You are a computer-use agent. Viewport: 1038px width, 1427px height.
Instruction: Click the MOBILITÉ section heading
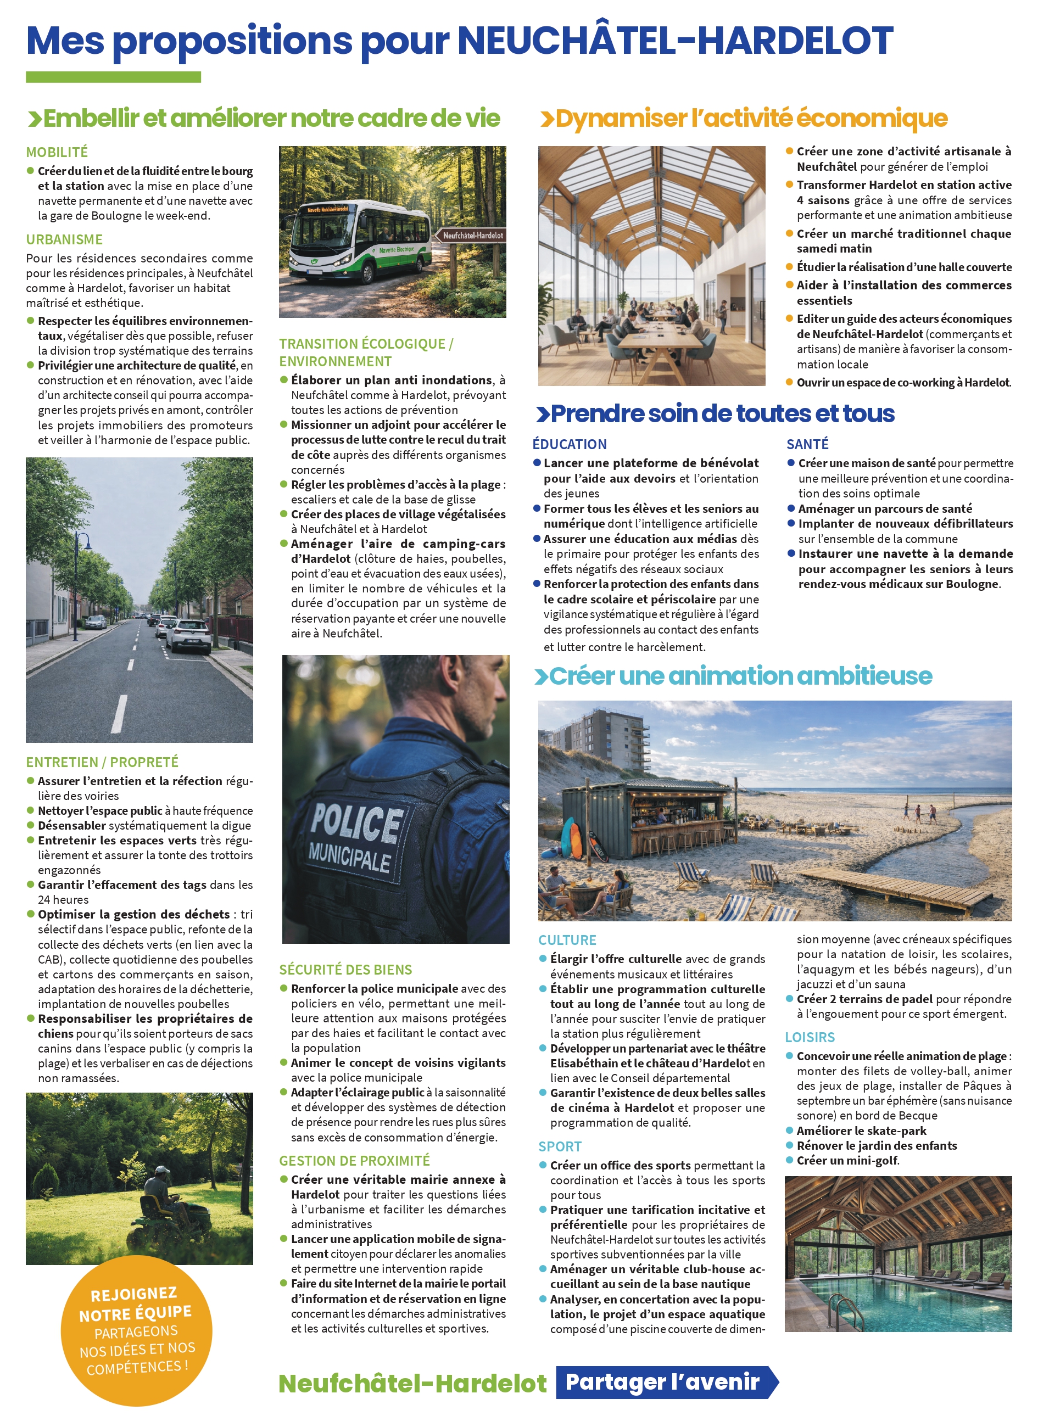[57, 152]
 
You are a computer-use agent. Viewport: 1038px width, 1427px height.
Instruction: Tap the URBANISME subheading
[64, 240]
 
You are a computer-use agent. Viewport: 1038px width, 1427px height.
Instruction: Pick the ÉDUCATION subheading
[569, 444]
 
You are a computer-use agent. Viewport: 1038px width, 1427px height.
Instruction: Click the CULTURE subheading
[567, 940]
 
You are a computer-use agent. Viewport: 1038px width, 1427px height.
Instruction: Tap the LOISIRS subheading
[810, 1038]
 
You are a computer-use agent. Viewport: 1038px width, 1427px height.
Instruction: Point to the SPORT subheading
[560, 1146]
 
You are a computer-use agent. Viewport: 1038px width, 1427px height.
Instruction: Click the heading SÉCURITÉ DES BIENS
[345, 970]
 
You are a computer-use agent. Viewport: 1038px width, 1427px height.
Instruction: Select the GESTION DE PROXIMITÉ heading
[354, 1161]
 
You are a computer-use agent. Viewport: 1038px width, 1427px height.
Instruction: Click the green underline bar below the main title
[113, 77]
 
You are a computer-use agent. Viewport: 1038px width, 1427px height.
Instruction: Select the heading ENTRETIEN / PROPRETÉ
[102, 762]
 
